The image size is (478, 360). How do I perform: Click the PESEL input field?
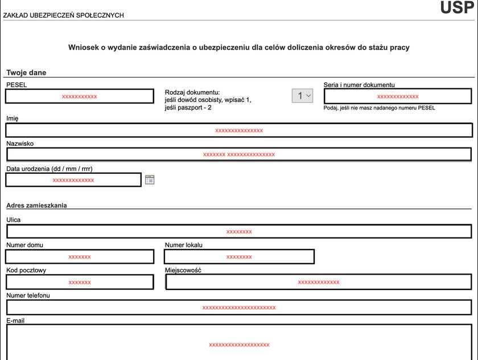pos(80,96)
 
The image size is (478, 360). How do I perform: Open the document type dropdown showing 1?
pos(302,96)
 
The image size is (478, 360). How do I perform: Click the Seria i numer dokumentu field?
pos(397,96)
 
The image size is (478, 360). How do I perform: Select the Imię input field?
pos(239,130)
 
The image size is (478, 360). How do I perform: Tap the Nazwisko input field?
pos(239,154)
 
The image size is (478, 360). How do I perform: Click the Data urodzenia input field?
pos(73,180)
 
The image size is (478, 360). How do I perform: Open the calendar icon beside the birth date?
pos(150,180)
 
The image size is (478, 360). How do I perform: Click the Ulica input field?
pos(239,231)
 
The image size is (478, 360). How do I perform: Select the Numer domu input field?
pos(80,257)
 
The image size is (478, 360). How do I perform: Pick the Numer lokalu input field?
pos(239,257)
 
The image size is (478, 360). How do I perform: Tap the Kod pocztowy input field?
pos(80,282)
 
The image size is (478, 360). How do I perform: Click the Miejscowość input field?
pos(319,282)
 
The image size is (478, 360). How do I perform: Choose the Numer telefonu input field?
pos(239,308)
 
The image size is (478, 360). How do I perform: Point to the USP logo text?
pos(456,8)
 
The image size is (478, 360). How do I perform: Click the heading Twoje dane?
pos(26,72)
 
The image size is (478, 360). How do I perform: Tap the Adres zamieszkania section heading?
pos(36,205)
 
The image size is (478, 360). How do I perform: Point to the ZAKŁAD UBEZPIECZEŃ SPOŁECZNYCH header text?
pos(64,15)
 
